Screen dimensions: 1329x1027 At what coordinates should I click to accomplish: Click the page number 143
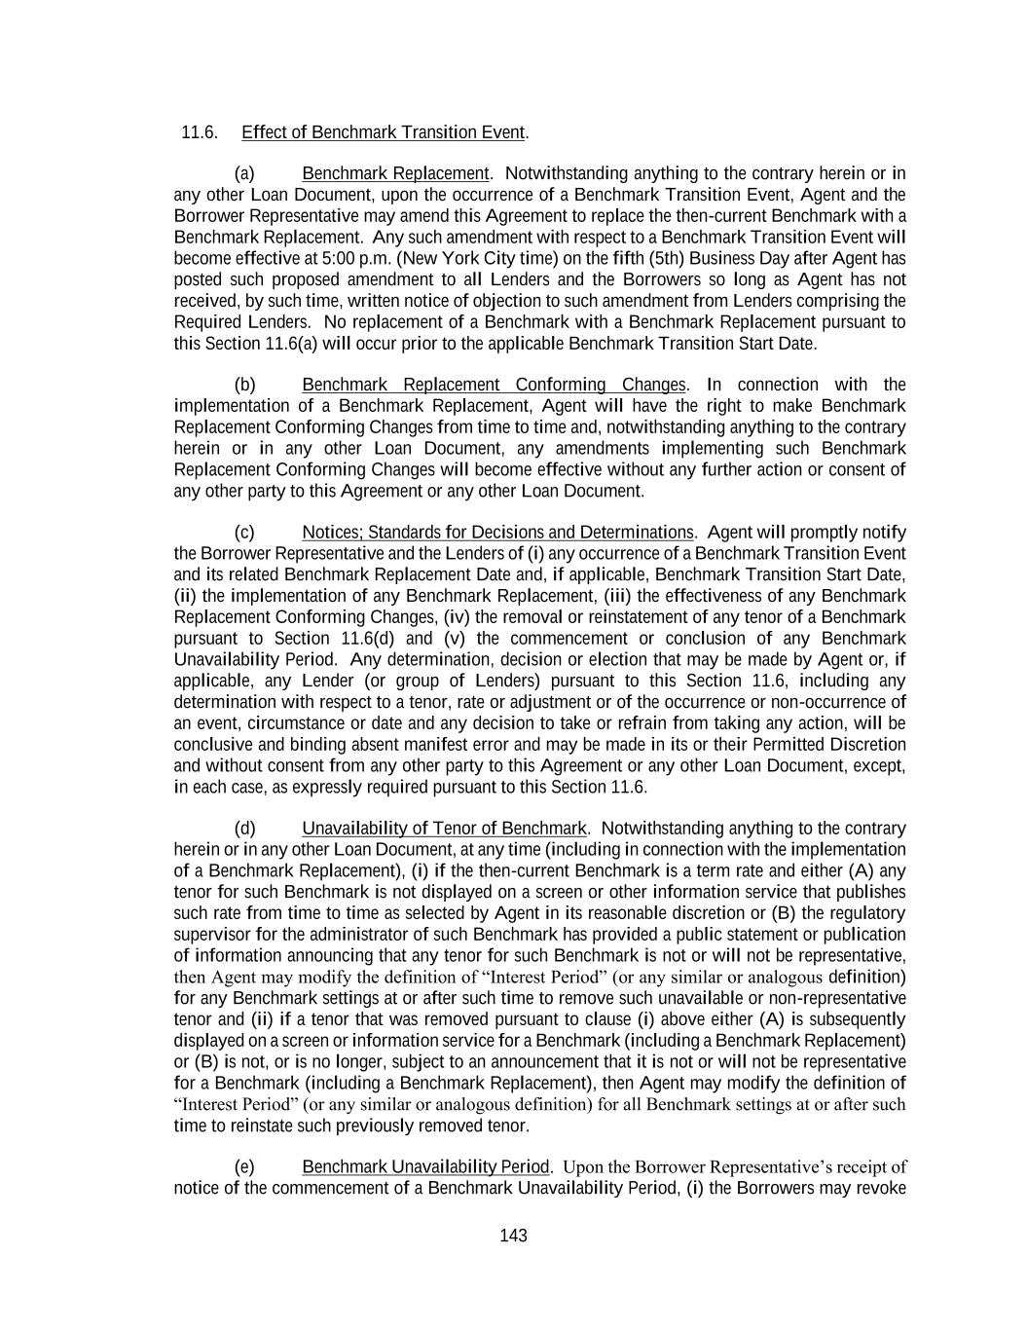[x=513, y=1236]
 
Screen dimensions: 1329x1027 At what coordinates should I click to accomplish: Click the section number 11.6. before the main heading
[x=199, y=132]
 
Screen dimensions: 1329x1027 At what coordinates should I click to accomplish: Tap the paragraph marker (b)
[x=244, y=385]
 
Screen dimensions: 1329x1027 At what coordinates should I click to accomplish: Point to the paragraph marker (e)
[x=244, y=1166]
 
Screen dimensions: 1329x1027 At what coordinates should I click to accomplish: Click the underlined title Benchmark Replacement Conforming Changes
[x=494, y=385]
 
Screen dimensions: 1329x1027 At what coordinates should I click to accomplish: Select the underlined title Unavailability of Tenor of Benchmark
[x=444, y=829]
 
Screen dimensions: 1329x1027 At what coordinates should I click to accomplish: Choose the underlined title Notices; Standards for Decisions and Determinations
[x=497, y=533]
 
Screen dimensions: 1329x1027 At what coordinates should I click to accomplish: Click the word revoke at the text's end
[x=881, y=1188]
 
